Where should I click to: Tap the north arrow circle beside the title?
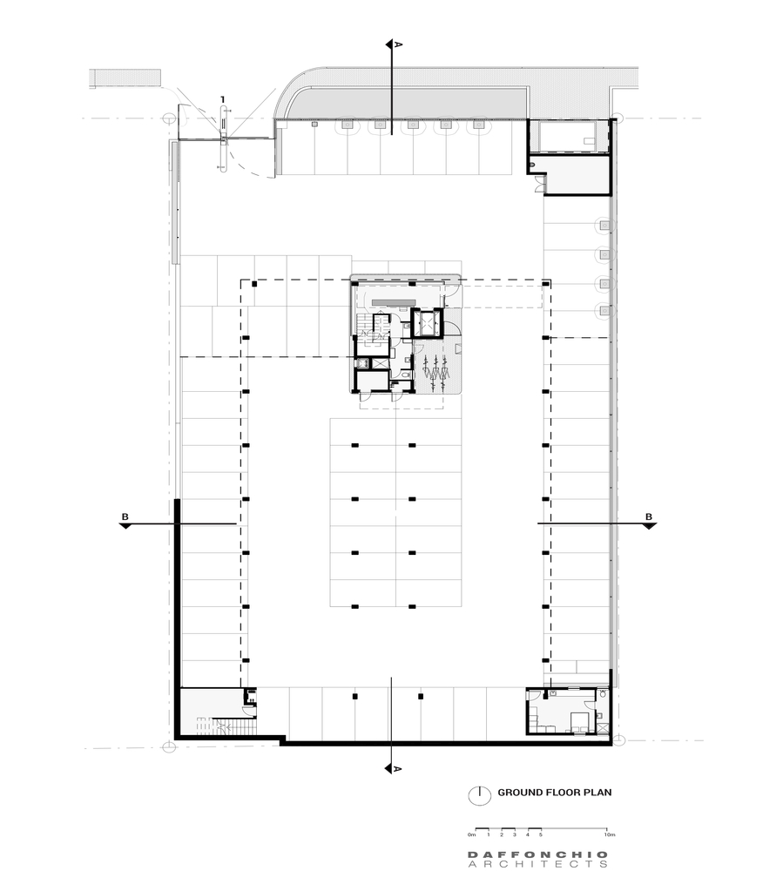tap(476, 794)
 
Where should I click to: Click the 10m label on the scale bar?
tap(607, 834)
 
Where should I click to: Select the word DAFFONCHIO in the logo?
tap(537, 854)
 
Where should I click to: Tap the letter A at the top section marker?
tap(398, 44)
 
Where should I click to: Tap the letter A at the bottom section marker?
tap(398, 769)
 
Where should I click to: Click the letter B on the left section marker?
tap(126, 517)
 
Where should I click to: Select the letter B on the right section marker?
tap(648, 517)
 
